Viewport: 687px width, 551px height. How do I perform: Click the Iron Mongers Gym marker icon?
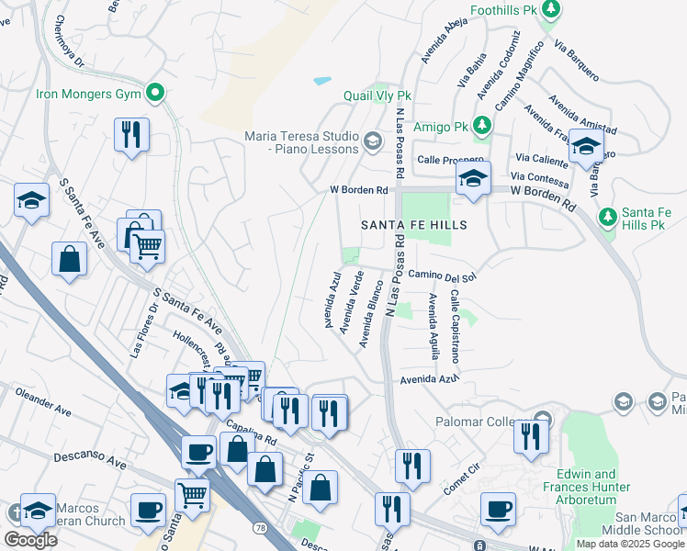(x=155, y=93)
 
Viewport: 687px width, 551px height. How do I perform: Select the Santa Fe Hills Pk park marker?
(x=606, y=218)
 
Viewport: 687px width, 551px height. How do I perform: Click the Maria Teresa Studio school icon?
(x=373, y=141)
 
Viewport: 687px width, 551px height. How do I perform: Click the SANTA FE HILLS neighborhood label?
(x=413, y=225)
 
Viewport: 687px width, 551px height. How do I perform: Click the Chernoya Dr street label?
(x=70, y=42)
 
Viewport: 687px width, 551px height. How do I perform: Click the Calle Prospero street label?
(x=450, y=159)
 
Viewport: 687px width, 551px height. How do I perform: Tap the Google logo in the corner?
(x=30, y=540)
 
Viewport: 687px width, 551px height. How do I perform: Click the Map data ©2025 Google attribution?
(x=629, y=544)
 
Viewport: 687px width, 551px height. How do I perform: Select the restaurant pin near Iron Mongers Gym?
(x=131, y=134)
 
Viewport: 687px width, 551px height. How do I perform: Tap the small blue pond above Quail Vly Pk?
(x=321, y=81)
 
